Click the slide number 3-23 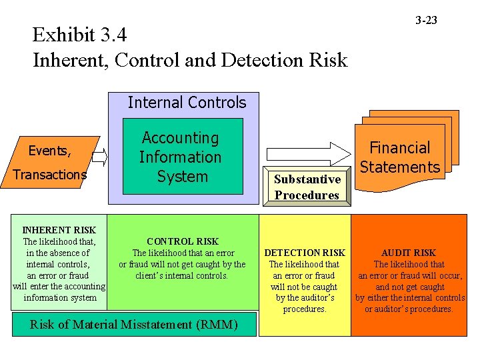[426, 21]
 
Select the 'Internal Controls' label [187, 103]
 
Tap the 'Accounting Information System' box [181, 157]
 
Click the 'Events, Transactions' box [56, 162]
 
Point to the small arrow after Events [100, 157]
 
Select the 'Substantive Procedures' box [307, 187]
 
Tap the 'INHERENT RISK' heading [59, 231]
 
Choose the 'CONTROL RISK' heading [183, 241]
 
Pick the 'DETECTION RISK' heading [305, 253]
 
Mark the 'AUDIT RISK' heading [409, 253]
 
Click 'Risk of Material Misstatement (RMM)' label [134, 325]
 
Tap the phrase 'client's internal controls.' [182, 275]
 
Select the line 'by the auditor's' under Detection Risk [305, 298]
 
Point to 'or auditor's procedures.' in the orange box [409, 309]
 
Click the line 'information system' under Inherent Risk [59, 298]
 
